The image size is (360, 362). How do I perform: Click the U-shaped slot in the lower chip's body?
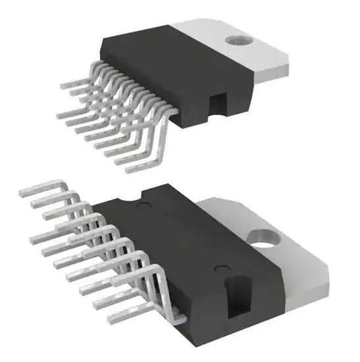pyautogui.click(x=235, y=293)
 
